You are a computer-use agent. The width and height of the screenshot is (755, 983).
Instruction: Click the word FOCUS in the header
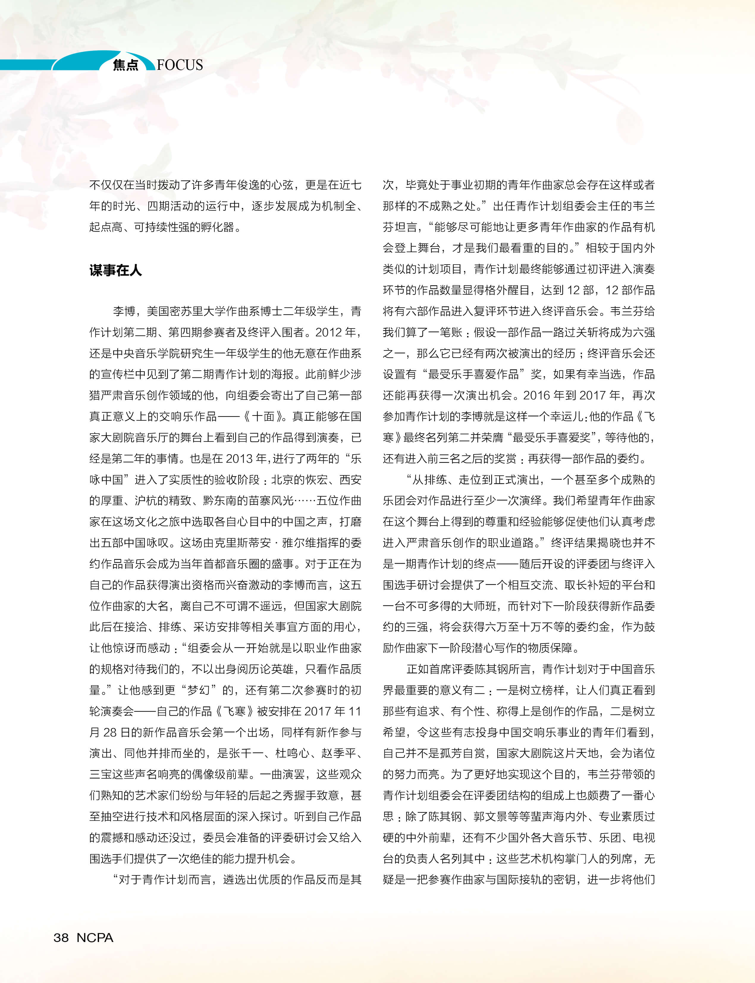pyautogui.click(x=180, y=65)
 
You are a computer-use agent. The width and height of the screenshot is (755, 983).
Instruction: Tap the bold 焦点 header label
pyautogui.click(x=126, y=65)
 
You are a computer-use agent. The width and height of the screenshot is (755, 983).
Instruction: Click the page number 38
pyautogui.click(x=61, y=937)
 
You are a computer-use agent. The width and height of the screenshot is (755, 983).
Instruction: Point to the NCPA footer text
pyautogui.click(x=95, y=937)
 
